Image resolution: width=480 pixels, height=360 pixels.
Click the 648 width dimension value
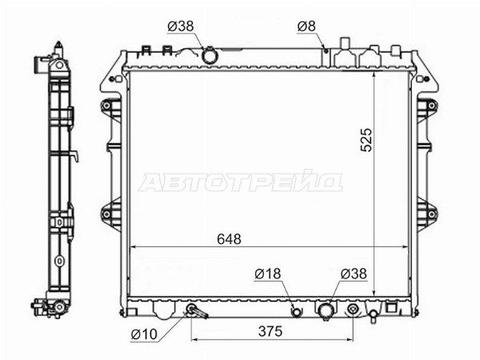click(229, 238)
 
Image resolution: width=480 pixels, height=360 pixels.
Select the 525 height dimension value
click(366, 140)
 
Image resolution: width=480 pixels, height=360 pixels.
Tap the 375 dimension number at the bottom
click(270, 331)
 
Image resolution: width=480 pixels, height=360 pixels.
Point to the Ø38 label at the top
click(181, 26)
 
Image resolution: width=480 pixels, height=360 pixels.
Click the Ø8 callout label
click(306, 26)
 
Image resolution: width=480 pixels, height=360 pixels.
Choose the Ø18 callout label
click(267, 274)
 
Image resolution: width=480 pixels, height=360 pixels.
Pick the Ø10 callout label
click(144, 334)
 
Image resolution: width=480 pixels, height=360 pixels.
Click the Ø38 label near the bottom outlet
click(354, 274)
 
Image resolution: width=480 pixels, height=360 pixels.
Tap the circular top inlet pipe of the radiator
click(210, 56)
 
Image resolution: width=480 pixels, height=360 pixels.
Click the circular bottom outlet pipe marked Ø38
click(326, 310)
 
